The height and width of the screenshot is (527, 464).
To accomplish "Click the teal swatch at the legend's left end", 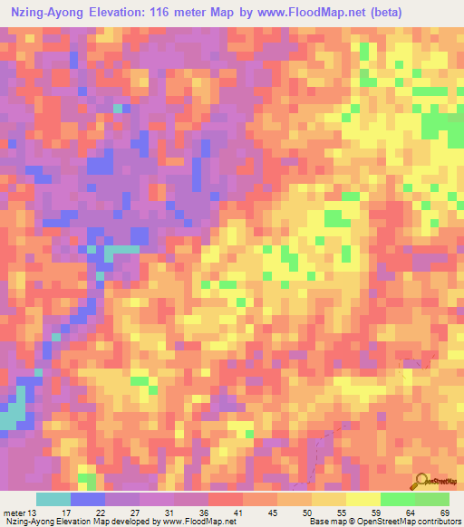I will (53, 499).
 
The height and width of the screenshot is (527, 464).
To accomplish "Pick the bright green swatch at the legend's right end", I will (432, 499).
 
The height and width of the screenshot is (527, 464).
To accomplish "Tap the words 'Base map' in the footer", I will (332, 522).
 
